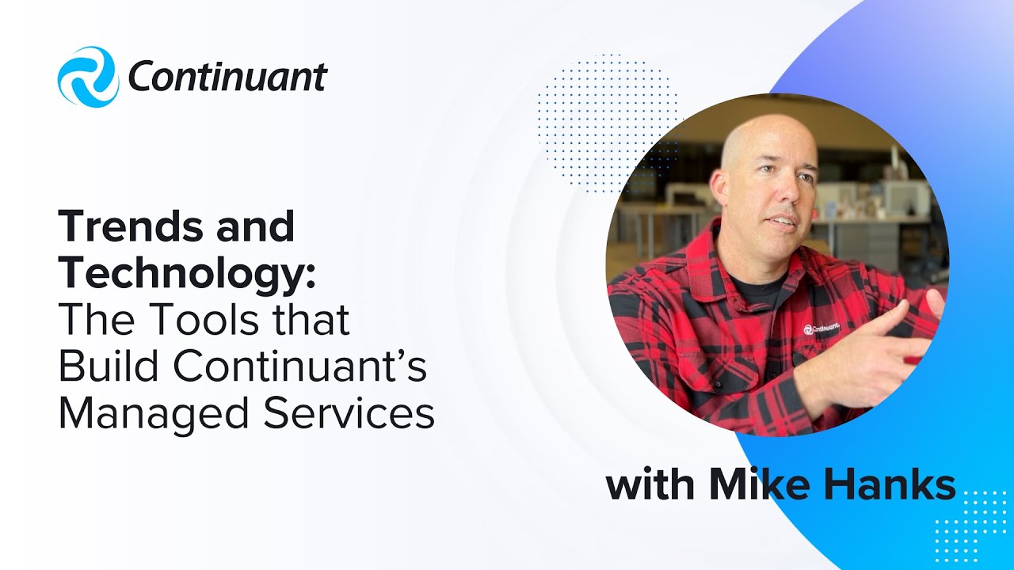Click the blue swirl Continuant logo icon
(x=88, y=77)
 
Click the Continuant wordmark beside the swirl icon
(x=227, y=78)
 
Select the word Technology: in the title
(x=187, y=273)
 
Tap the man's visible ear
(x=719, y=186)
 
